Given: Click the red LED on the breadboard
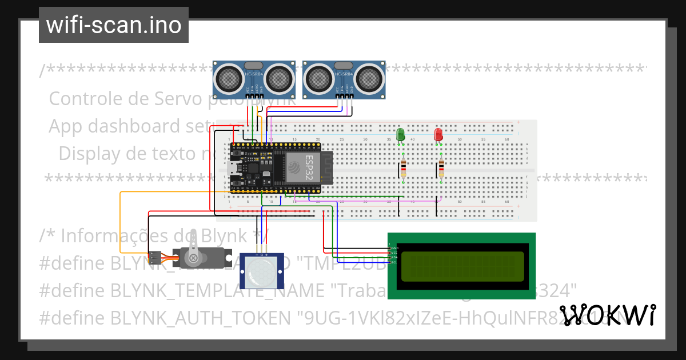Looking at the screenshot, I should point(438,135).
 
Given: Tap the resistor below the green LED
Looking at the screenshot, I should point(404,170).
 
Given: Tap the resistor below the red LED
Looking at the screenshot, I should point(441,170).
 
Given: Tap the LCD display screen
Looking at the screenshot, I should point(462,266).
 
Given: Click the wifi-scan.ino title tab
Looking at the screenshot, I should point(114,25).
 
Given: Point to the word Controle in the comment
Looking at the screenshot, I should point(86,99).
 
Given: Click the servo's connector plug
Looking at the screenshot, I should point(154,257).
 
